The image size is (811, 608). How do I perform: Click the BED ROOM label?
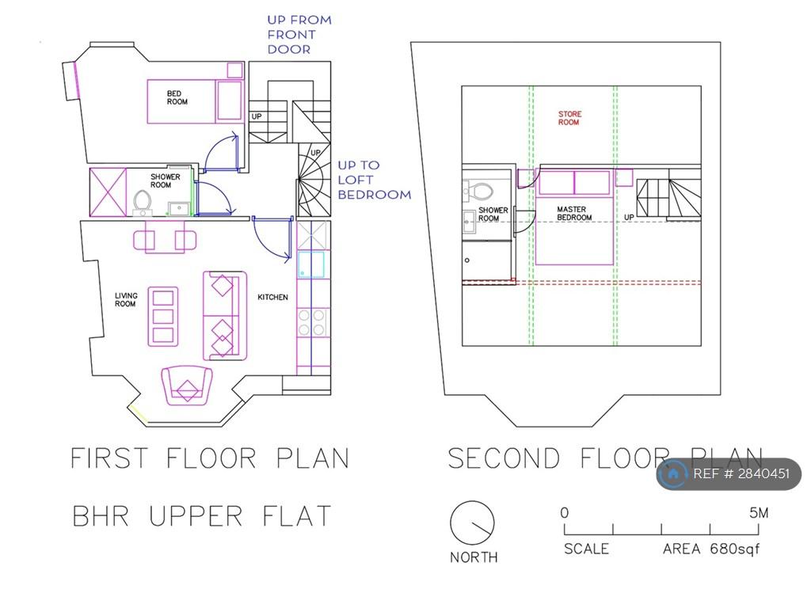point(177,97)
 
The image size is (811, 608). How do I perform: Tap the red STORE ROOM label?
point(569,118)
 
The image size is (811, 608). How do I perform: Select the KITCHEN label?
point(272,298)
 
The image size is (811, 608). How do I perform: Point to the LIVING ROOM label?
point(126,300)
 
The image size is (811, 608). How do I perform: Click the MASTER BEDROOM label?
point(574,214)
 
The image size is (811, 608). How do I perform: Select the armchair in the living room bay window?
point(187,386)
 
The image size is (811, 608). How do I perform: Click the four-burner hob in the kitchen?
point(311,322)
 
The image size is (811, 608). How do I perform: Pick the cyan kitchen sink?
point(311,264)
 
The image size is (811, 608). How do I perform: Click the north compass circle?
point(472,522)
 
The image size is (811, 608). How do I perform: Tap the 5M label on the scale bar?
point(759,513)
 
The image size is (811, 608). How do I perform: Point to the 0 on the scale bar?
point(564,513)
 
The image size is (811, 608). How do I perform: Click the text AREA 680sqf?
point(711,549)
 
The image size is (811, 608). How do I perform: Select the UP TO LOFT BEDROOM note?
point(374,180)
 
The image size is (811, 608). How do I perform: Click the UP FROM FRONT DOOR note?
point(299,35)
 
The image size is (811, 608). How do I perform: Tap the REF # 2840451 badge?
point(729,473)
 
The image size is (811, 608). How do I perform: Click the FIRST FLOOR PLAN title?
point(209,458)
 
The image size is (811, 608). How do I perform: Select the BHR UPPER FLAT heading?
point(202,516)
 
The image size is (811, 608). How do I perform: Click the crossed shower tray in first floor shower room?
point(108,192)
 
